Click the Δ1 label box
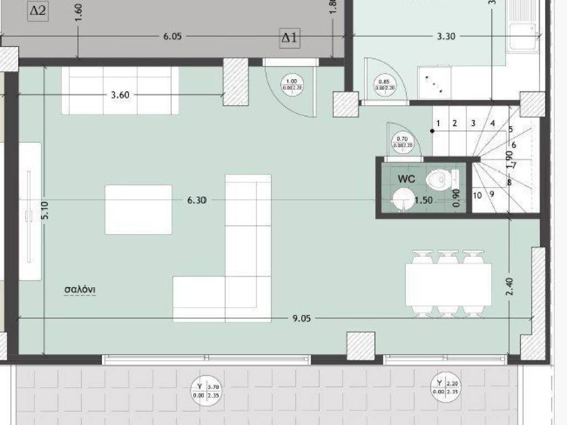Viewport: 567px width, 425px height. coord(290,38)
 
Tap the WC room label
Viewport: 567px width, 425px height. coord(406,179)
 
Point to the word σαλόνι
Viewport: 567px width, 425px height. coord(80,289)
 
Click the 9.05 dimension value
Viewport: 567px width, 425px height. coord(302,318)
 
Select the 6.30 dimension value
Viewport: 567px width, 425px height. coord(197,201)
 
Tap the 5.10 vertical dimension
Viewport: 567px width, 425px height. coord(45,210)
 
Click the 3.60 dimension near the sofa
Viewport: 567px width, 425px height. coord(120,95)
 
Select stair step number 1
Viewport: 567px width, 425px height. coord(437,123)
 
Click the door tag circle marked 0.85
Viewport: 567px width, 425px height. coord(386,84)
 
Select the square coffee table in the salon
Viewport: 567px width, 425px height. coord(138,209)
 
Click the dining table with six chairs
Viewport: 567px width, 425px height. coord(449,285)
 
